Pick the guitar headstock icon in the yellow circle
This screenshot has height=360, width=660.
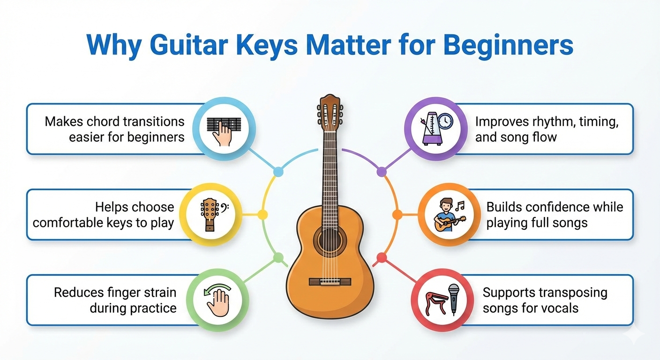(210, 215)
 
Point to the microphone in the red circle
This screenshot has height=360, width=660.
(453, 299)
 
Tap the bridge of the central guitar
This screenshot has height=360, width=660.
(330, 282)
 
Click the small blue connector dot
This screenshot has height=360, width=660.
(278, 172)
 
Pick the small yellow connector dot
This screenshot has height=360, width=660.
(263, 215)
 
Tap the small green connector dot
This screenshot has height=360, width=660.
(278, 257)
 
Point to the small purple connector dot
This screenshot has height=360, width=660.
(382, 172)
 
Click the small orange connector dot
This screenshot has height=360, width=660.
(397, 215)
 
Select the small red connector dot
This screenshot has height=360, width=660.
(382, 257)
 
